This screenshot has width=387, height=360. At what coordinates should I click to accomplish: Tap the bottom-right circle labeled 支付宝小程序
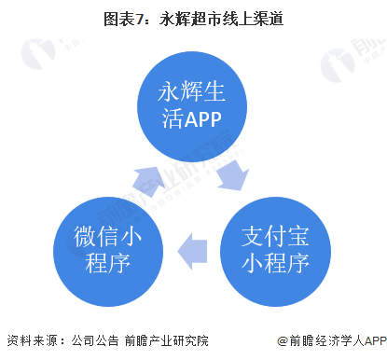274,243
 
